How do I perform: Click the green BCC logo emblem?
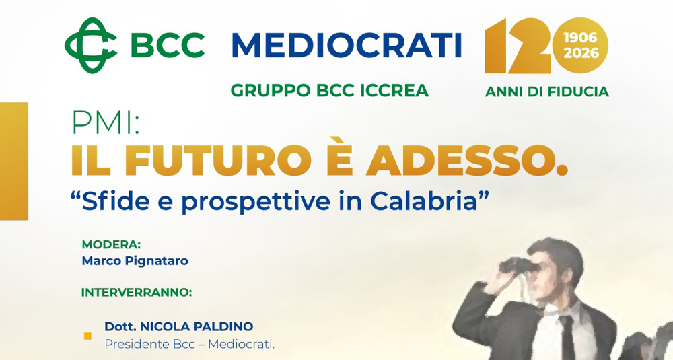coord(92,45)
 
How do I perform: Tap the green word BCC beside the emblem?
coord(168,46)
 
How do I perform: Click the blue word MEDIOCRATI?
coord(347,46)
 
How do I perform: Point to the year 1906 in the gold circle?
coord(580,38)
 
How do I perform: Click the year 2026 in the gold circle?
coord(580,53)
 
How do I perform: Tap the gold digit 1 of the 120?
coord(496,46)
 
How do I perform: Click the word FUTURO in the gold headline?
coord(217,161)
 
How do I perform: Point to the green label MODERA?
coord(111,244)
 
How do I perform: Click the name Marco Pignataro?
coord(135,261)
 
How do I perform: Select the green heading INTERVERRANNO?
coord(137,292)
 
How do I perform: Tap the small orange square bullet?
coord(87,336)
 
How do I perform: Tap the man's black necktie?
coord(567,336)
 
